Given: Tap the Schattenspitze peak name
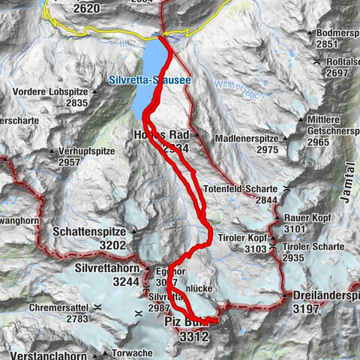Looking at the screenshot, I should point(89,232).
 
